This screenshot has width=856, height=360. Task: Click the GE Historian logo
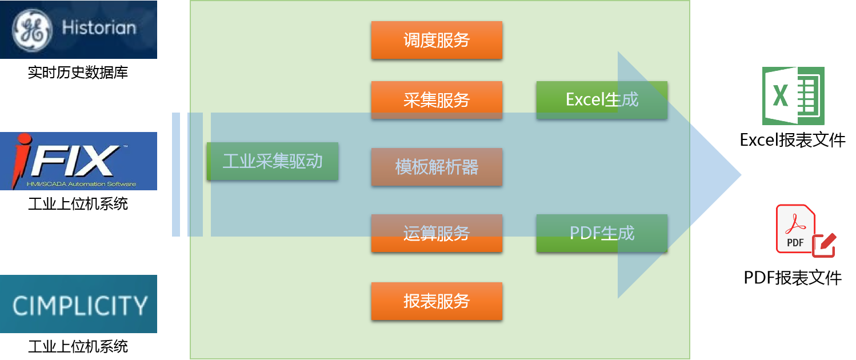coord(78,29)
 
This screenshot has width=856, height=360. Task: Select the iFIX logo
coord(78,161)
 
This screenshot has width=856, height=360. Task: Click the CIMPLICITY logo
coord(78,304)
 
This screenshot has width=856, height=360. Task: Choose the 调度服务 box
coord(437,40)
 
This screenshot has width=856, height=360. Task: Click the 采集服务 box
coord(437,100)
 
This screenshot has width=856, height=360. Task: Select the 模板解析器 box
coord(437,167)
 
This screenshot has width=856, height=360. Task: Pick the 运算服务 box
coord(437,233)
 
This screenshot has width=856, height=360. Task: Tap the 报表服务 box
coord(437,301)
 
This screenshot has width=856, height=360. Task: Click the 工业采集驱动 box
coord(273,161)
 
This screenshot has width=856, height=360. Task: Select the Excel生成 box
coord(602,100)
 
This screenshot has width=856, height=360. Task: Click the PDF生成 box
coord(602,233)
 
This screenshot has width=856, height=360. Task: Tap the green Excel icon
coord(793,95)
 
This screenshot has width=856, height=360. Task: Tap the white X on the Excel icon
coord(780,95)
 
